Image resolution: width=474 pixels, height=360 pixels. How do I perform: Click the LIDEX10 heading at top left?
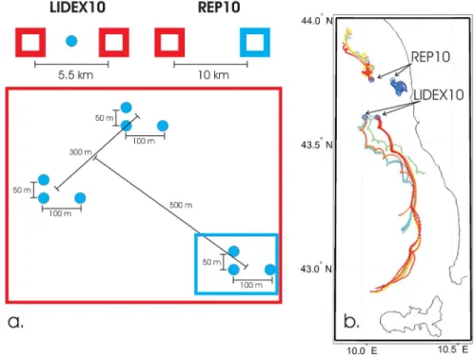click(x=77, y=7)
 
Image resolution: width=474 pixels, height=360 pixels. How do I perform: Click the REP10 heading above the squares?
click(x=219, y=7)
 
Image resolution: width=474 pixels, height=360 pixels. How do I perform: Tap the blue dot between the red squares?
click(x=71, y=41)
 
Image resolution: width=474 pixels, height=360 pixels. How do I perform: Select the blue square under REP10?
click(x=255, y=42)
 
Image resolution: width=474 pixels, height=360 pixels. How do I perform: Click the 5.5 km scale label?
click(x=75, y=75)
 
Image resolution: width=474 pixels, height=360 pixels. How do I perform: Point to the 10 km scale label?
click(x=213, y=75)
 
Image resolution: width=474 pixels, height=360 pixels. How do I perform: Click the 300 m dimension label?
click(x=81, y=152)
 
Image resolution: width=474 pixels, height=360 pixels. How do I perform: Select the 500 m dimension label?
click(x=181, y=205)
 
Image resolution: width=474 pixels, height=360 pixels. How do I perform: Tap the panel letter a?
click(x=15, y=322)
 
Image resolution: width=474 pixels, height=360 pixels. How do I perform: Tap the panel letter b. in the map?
click(x=351, y=321)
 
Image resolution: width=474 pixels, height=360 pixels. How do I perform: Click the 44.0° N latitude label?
click(x=317, y=21)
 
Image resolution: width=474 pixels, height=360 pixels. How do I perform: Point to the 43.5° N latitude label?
click(x=317, y=145)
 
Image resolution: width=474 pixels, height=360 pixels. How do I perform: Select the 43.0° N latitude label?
click(x=316, y=269)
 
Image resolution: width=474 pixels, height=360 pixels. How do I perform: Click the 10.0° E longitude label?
click(x=362, y=350)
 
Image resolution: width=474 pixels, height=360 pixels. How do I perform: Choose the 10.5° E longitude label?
click(x=453, y=350)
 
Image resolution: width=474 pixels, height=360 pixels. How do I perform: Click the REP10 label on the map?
click(x=430, y=57)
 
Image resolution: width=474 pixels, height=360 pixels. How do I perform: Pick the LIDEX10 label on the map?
click(x=439, y=94)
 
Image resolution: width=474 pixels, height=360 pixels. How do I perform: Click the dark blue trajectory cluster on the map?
click(x=399, y=87)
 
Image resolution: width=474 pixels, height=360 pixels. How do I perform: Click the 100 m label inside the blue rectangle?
click(x=251, y=285)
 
